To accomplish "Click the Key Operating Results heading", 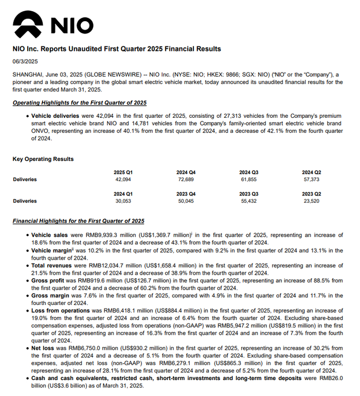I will (x=43, y=159).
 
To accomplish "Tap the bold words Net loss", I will (x=43, y=348).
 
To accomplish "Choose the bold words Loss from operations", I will (x=61, y=311).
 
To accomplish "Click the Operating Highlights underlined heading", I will (x=80, y=102).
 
